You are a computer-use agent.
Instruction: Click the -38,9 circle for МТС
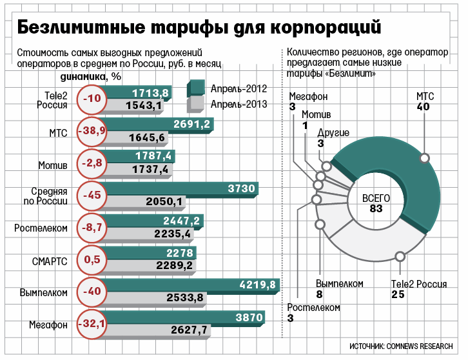point(92,131)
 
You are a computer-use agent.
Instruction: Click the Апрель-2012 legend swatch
point(196,88)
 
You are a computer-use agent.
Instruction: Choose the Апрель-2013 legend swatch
point(196,105)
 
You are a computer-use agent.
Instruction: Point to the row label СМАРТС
point(50,261)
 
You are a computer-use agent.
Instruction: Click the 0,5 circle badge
point(92,259)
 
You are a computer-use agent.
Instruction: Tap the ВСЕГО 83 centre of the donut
point(376,203)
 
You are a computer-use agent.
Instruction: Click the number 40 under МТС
point(423,106)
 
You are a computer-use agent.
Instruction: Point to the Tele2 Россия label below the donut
point(419,284)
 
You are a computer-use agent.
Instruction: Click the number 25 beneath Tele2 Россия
point(398,295)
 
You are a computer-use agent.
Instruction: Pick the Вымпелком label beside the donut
point(340,283)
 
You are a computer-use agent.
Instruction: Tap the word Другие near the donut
point(333,133)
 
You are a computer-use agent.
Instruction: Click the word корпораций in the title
point(326,28)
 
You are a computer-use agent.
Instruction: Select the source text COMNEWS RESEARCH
point(420,346)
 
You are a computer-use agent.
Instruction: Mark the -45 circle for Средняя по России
point(92,195)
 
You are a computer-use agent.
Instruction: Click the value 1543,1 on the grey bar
point(144,105)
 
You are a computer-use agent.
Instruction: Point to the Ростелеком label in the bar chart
point(41,228)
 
